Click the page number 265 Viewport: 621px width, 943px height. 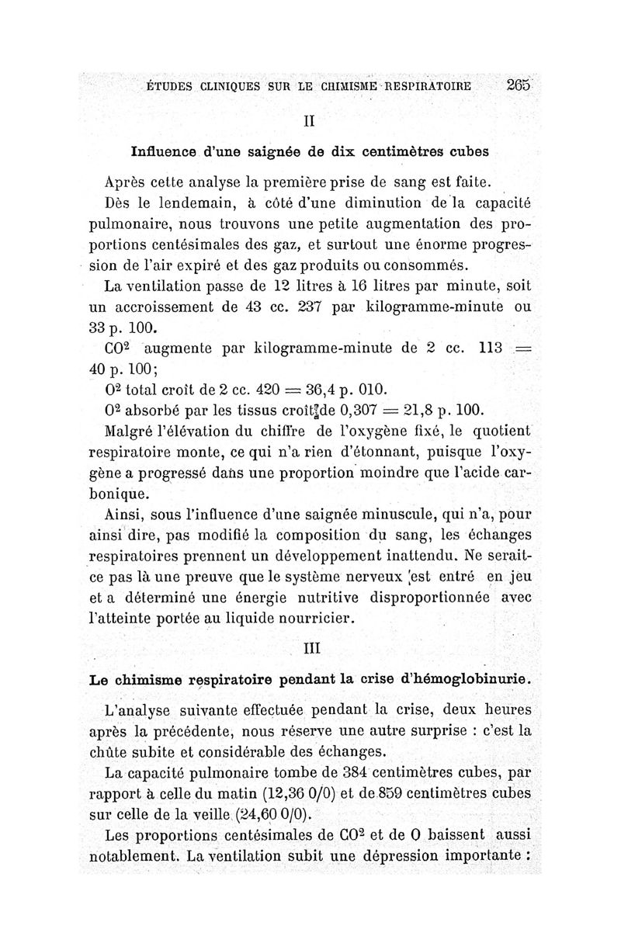(516, 86)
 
